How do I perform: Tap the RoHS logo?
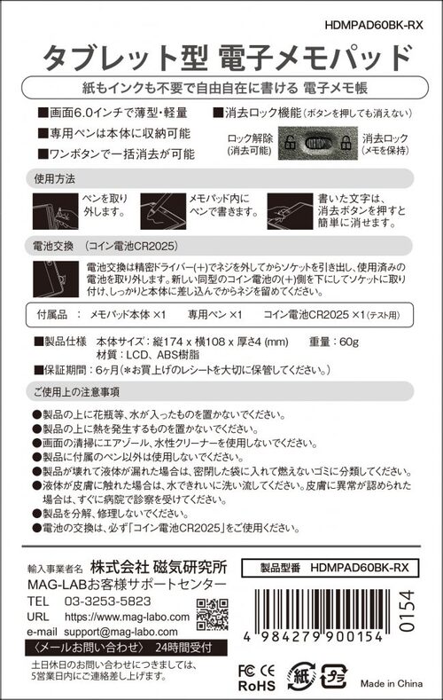coord(258,686)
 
